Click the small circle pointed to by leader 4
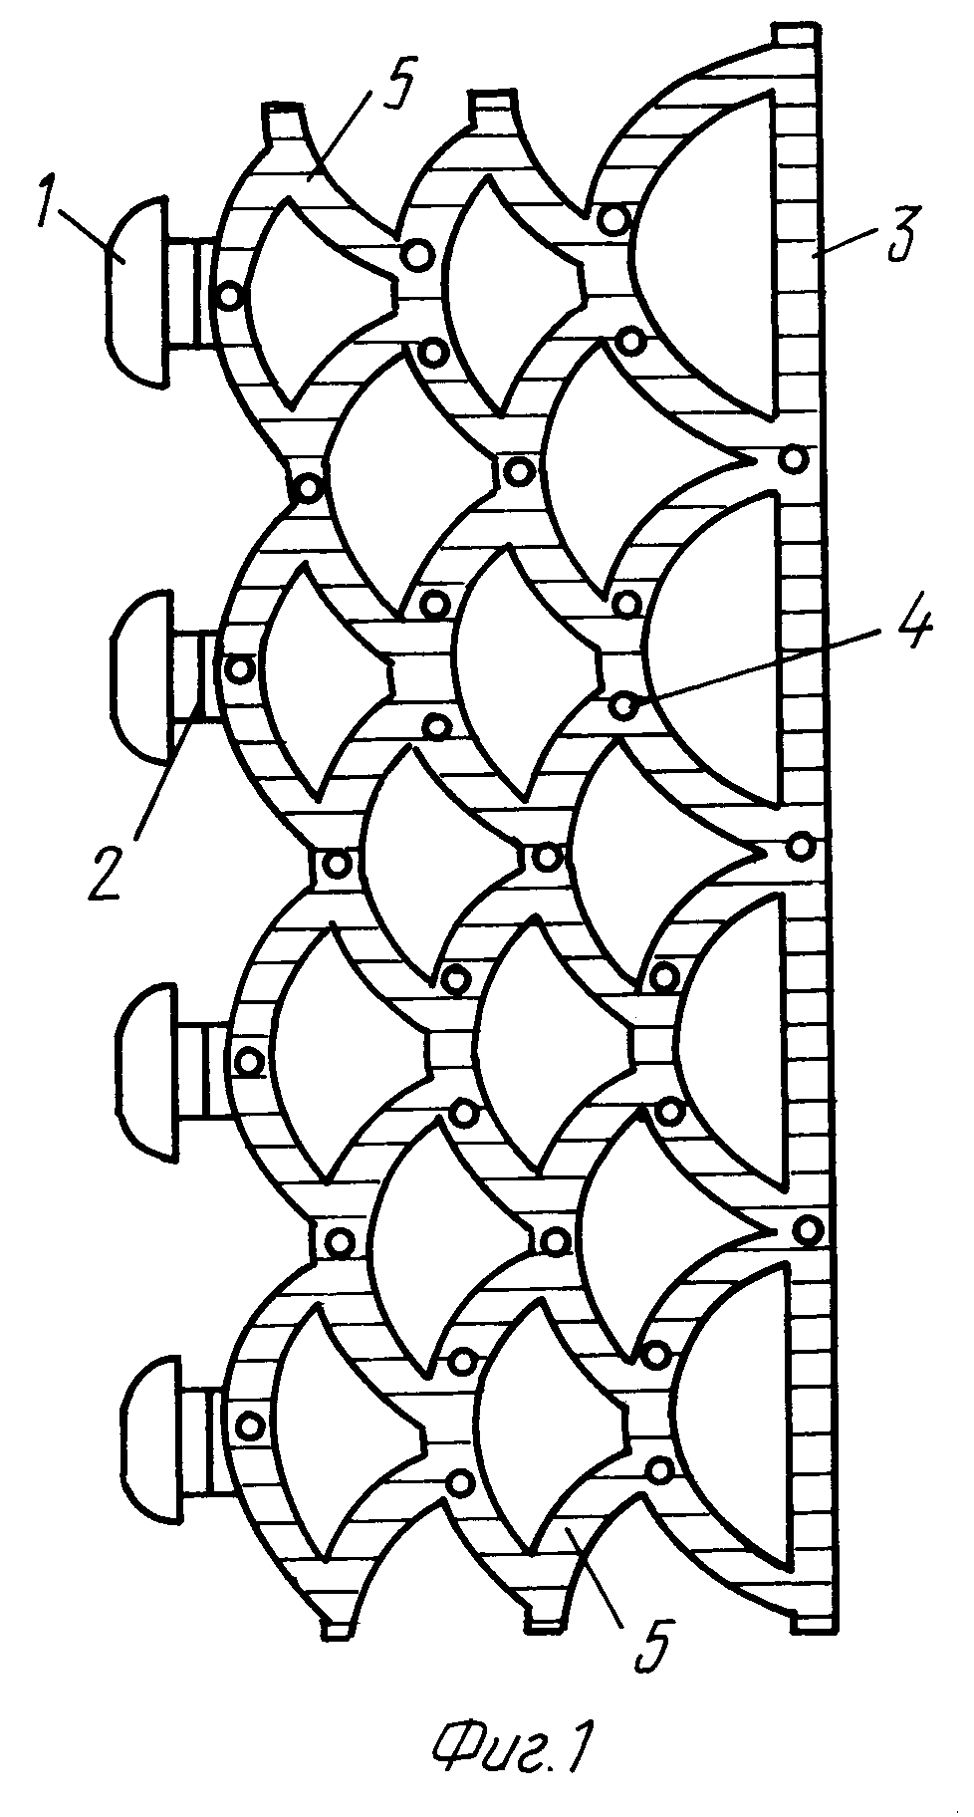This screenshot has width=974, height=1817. click(622, 706)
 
